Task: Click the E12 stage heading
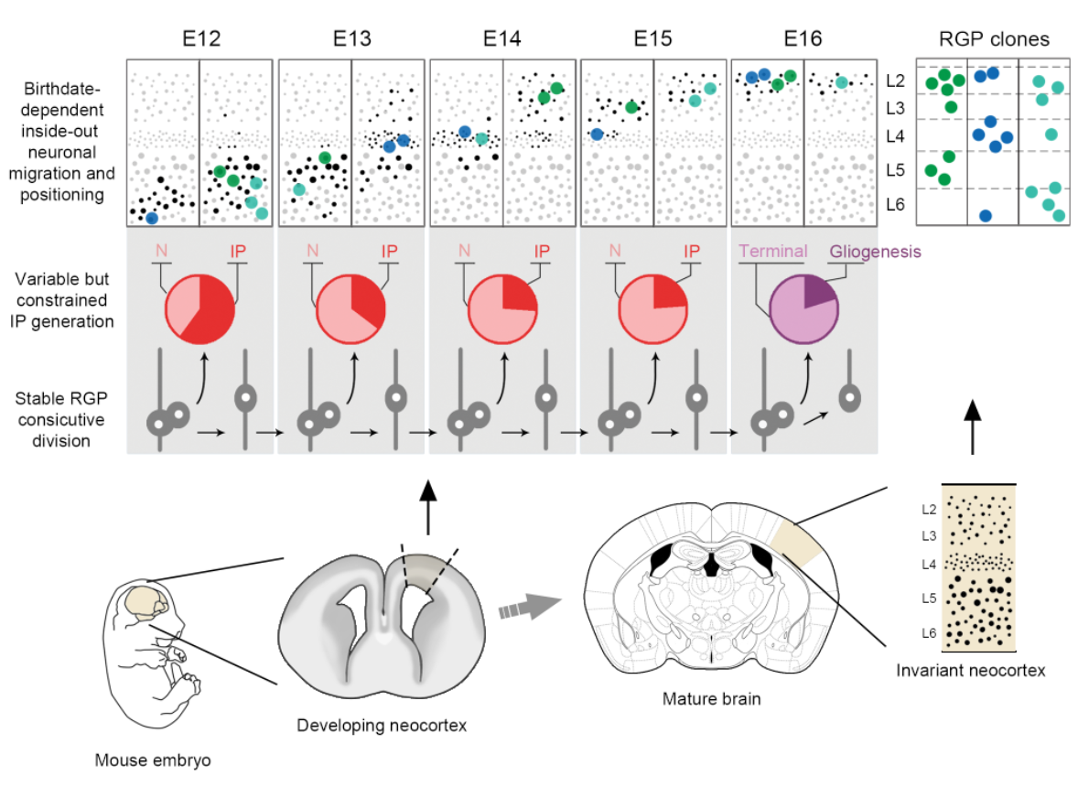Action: point(200,39)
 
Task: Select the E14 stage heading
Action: point(502,39)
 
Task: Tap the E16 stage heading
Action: point(803,39)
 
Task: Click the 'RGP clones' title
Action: point(994,39)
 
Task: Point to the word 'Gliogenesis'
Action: point(875,252)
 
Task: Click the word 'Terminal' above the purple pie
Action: point(772,252)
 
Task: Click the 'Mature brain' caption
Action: point(711,700)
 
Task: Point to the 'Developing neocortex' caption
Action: point(382,726)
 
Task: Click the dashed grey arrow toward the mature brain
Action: point(530,606)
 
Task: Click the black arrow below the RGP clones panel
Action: point(972,426)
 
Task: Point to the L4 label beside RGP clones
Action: point(897,137)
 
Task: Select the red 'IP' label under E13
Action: point(390,249)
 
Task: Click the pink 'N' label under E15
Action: point(615,249)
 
